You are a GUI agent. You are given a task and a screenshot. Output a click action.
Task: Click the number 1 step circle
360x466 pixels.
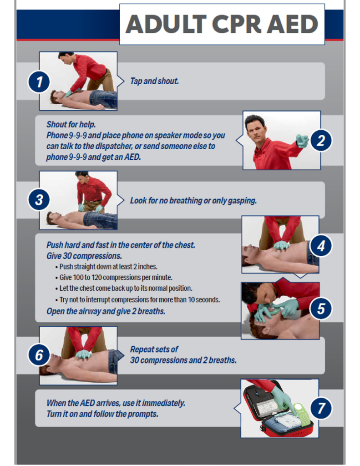coord(39,81)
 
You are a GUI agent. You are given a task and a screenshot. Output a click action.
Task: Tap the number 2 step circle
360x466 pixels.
coord(321,140)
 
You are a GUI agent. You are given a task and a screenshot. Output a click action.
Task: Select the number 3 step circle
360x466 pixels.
coord(39,199)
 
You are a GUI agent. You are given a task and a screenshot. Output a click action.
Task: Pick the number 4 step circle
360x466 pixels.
coord(321,246)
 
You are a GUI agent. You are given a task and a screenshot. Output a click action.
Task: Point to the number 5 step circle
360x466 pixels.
coord(321,309)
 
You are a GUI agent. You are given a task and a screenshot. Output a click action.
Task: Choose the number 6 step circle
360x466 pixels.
coord(39,355)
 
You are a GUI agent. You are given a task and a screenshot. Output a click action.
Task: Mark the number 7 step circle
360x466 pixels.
coord(321,408)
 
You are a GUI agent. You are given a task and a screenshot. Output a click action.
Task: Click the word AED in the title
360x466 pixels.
coord(292,24)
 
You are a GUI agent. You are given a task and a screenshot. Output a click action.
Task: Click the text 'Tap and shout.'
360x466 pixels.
coord(154,81)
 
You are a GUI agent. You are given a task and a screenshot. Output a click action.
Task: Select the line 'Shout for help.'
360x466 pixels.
coord(71,124)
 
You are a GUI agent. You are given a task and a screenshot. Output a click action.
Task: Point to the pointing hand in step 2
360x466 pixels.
coord(303,141)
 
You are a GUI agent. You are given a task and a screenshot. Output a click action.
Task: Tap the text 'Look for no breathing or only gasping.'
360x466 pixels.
coord(193,201)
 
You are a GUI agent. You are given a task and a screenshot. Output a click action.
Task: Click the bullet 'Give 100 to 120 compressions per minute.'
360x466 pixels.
coord(114,278)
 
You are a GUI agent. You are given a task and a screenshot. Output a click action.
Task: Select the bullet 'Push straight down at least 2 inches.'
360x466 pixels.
coord(106,267)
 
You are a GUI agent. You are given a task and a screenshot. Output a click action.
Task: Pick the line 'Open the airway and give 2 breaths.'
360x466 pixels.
coord(106,311)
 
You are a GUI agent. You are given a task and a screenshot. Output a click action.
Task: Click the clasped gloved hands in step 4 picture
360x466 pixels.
coord(281,245)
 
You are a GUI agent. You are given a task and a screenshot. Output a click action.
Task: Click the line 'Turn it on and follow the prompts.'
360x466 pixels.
coord(102,414)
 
